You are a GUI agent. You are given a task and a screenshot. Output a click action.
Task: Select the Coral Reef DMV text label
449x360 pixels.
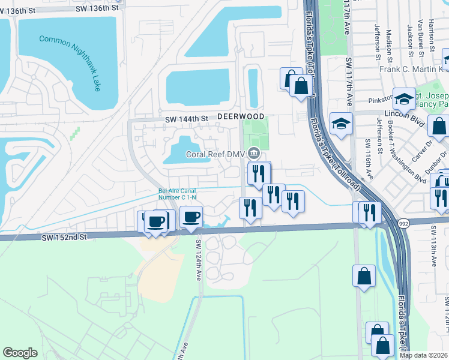click(215, 154)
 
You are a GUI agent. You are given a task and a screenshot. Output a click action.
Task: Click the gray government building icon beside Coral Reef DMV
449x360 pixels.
click(254, 154)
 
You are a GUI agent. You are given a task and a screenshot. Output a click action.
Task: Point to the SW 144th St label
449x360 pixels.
click(186, 119)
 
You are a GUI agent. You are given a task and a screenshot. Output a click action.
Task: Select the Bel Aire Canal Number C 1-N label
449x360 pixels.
click(177, 194)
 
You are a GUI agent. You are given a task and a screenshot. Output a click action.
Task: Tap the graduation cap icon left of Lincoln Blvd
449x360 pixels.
click(342, 124)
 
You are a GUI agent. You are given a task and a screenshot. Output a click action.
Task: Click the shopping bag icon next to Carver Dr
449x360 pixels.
click(439, 127)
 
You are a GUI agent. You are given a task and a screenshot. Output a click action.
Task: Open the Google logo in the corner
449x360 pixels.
click(20, 353)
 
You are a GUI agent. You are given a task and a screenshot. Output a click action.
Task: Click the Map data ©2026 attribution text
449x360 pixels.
click(424, 355)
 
